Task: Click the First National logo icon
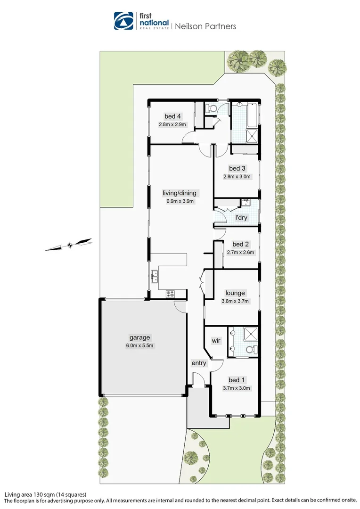(x=123, y=21)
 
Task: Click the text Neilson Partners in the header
(x=205, y=26)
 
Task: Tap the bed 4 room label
(x=172, y=116)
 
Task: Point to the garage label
(x=139, y=337)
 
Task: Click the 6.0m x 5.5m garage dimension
(x=139, y=345)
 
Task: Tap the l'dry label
(x=241, y=218)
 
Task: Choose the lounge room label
(x=236, y=293)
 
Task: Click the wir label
(x=216, y=340)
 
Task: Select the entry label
(x=198, y=363)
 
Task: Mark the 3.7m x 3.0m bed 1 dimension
(x=236, y=388)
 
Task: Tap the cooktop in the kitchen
(x=170, y=295)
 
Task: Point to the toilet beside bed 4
(x=212, y=109)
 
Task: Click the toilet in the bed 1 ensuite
(x=252, y=349)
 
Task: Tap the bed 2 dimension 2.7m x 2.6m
(x=240, y=252)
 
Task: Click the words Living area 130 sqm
(x=32, y=494)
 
